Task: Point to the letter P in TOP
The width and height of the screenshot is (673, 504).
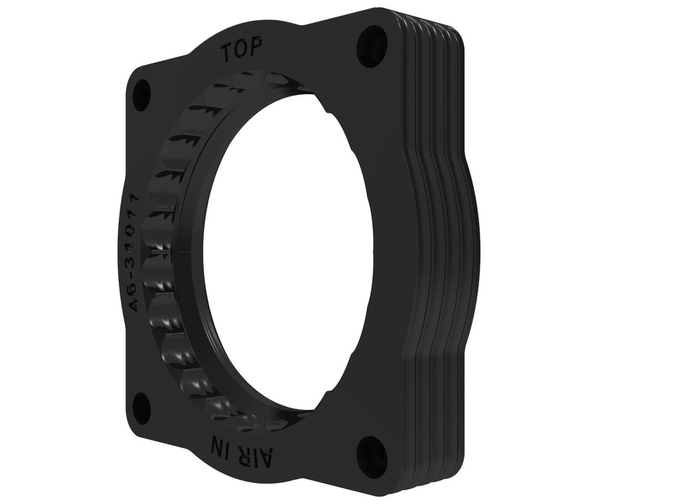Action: click(x=256, y=48)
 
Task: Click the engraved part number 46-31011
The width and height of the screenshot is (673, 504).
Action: click(x=135, y=252)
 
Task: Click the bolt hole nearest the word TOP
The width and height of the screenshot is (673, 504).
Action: click(x=372, y=42)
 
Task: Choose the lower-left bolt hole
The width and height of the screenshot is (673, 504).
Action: click(x=141, y=408)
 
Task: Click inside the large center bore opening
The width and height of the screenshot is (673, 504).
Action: click(x=289, y=249)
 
